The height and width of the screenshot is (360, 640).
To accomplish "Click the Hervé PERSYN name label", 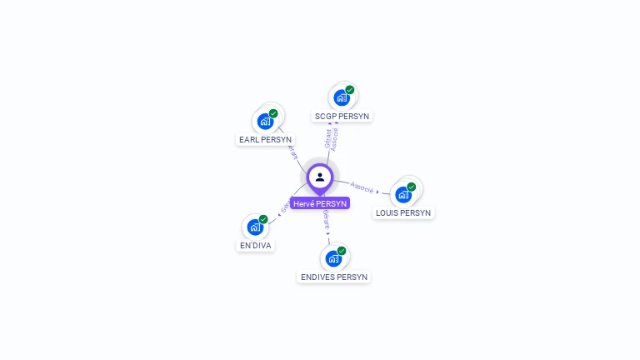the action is coord(320,203).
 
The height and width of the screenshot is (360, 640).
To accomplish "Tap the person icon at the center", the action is coord(320,177).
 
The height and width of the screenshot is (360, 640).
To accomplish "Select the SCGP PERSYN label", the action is coord(342,116).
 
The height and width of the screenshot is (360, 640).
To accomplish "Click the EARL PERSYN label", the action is coord(265,139).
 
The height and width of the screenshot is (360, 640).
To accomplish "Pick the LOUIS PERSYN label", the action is coord(403,212).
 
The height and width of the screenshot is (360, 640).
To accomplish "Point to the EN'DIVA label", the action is coord(256,245).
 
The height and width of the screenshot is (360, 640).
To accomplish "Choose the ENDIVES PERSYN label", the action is coord(333,277).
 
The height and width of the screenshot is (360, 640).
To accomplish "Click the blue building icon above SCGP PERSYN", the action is coord(342,98).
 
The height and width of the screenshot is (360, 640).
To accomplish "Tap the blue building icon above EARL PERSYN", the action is coord(265,122).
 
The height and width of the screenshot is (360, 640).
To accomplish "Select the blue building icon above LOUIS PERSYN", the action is coord(403,195).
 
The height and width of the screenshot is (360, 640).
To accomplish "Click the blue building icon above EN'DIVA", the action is coord(255,227).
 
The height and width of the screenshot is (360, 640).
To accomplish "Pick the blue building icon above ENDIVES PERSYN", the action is coord(333,259).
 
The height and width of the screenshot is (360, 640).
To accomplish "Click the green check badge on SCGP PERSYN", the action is coord(350,90).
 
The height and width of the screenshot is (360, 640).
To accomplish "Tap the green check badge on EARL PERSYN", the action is coord(273,113).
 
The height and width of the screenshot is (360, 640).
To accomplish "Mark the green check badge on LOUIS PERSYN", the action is coord(412,187).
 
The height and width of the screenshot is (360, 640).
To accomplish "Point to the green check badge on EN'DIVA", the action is coord(263,219).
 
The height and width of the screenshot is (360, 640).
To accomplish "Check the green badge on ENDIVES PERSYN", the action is coord(342,251).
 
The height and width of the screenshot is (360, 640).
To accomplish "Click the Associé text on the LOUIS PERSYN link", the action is coord(362,187).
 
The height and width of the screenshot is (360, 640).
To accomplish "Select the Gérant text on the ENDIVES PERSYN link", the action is coord(327,220).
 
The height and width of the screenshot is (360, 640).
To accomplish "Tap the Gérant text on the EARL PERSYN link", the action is coord(292,152).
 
